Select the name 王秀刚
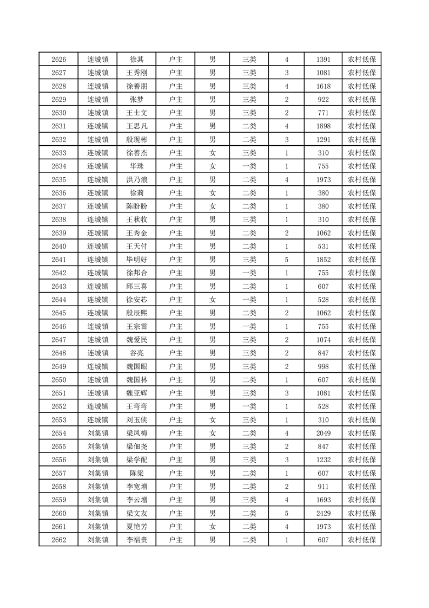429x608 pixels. [x=136, y=73]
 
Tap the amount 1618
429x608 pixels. [x=324, y=86]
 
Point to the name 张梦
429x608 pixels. [x=136, y=100]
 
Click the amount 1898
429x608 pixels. [x=324, y=126]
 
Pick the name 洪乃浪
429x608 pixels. [x=136, y=180]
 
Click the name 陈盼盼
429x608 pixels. [x=136, y=206]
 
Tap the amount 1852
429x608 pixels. [x=324, y=260]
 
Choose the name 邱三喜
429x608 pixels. [x=136, y=287]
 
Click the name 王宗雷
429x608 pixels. [x=136, y=327]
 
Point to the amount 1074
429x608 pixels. [x=324, y=340]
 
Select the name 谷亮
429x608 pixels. [x=136, y=353]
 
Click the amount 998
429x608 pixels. [x=324, y=367]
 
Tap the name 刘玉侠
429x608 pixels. [x=136, y=420]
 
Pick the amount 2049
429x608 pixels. [x=324, y=434]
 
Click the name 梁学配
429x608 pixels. [x=136, y=460]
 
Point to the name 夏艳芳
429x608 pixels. [x=136, y=527]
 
